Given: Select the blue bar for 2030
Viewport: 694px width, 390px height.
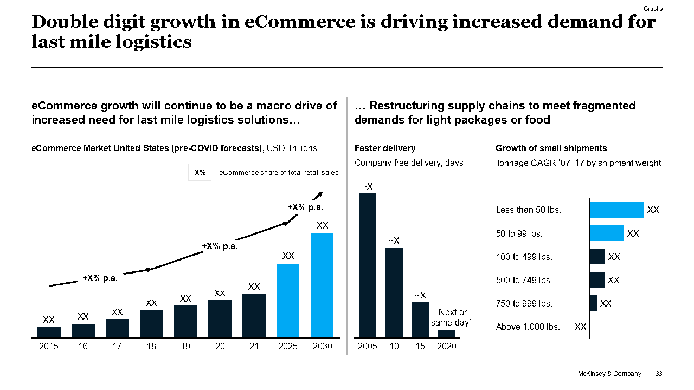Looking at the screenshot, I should (322, 285).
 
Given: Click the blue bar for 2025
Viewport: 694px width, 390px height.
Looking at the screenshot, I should (288, 301).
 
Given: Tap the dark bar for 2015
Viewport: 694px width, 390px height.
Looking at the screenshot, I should (49, 332).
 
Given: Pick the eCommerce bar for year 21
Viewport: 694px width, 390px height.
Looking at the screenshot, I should (254, 316).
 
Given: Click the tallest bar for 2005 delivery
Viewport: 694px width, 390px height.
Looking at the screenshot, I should (367, 265).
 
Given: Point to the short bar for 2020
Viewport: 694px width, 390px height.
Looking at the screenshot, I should (447, 334).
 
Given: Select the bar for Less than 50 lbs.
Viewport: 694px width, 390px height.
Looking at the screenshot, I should (617, 210).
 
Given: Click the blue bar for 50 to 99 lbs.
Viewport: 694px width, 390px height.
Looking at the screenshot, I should (607, 233).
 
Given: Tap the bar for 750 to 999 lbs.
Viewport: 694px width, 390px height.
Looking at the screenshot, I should (593, 303).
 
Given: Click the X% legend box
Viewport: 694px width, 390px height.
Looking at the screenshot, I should (200, 173).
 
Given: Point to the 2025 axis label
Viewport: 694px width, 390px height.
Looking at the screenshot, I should (288, 347).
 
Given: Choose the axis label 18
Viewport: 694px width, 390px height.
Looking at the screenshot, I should (151, 347).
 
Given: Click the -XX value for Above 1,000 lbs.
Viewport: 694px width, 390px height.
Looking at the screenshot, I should (579, 327).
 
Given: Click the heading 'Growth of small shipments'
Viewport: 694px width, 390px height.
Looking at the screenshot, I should (551, 148).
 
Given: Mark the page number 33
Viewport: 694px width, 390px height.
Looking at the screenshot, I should (659, 374).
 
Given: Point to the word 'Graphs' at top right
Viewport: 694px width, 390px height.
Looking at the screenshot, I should (653, 9).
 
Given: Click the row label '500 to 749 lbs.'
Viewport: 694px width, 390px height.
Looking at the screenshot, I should (524, 280).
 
